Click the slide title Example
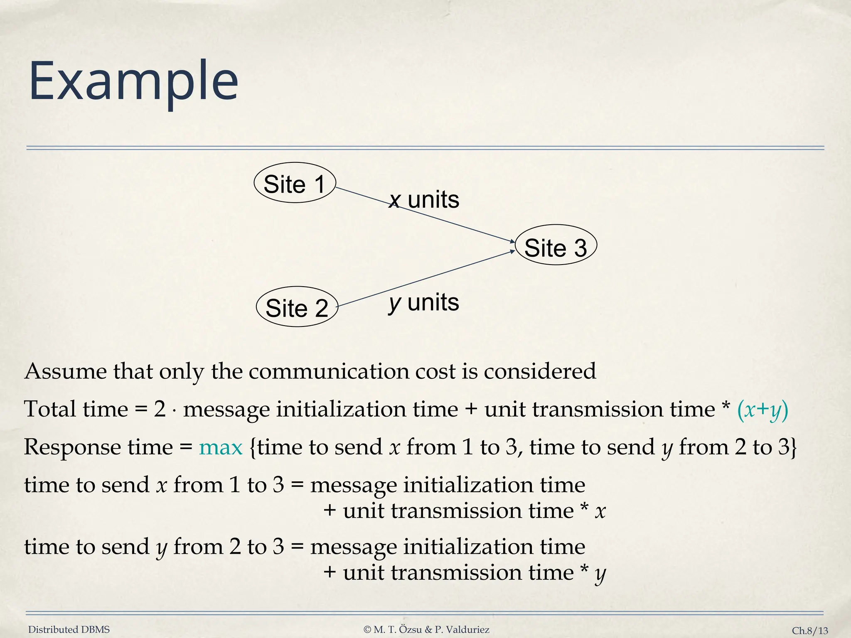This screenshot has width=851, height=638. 133,81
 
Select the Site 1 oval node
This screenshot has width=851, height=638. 295,183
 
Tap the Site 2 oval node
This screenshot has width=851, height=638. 297,307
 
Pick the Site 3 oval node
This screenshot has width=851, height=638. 556,245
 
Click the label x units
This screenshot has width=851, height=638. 424,200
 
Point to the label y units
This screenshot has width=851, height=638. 424,302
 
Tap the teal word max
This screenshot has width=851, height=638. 221,447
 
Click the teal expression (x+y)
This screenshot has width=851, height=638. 762,410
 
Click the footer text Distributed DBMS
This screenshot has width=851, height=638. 69,630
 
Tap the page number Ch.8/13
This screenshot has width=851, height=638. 810,631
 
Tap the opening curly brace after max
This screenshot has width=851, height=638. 253,447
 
